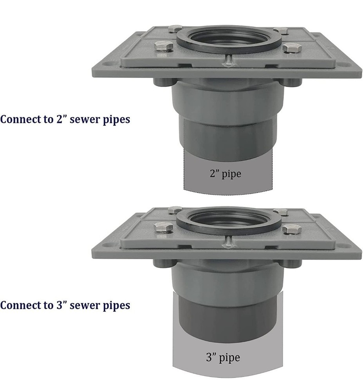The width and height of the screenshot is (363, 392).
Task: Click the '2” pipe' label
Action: coord(226,173)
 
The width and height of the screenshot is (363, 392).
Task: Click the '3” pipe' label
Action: coord(223,357)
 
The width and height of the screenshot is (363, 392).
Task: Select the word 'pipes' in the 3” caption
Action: coord(116,306)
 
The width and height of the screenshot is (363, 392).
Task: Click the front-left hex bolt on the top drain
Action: coord(164,47)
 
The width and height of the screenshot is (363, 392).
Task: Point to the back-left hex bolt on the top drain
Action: coord(175,29)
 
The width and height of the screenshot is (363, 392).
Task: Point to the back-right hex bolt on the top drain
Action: coord(281,31)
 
